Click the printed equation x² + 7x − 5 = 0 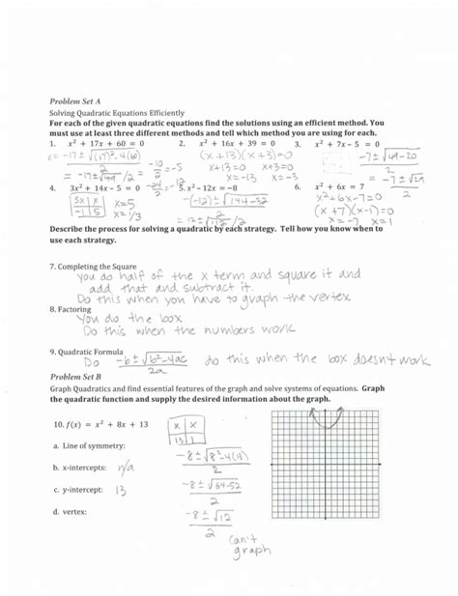352,143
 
